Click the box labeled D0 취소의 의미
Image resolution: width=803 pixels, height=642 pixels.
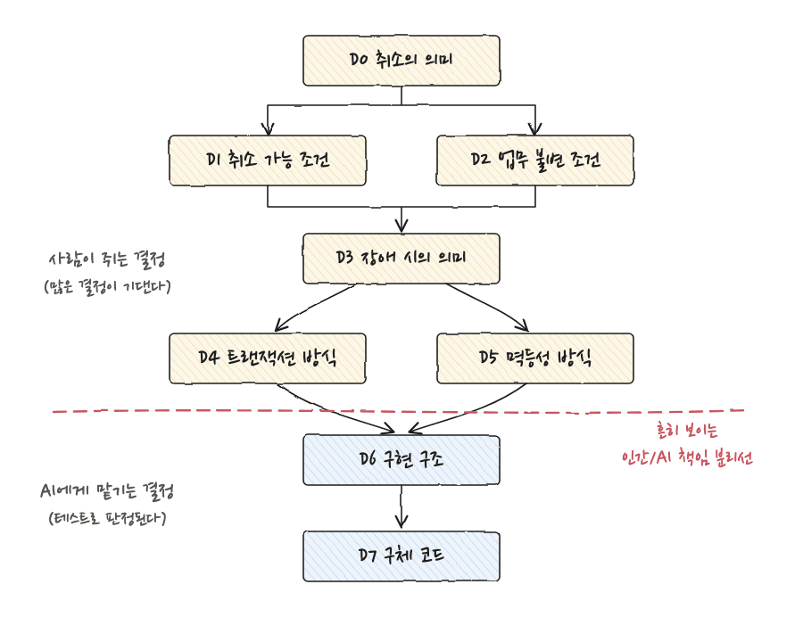[401, 61]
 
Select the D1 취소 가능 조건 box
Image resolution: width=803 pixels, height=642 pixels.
[268, 160]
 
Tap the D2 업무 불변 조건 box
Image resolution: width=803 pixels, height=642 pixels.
[535, 160]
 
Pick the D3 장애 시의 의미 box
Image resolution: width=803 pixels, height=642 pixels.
[401, 259]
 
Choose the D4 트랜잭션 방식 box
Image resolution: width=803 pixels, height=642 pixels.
[268, 358]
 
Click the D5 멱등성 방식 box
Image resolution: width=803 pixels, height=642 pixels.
[535, 358]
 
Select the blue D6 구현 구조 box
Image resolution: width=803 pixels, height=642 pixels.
[401, 460]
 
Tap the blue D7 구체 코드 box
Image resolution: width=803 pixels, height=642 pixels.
[401, 556]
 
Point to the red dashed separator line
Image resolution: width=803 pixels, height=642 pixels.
[399, 411]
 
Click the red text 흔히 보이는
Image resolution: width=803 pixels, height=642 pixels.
[687, 430]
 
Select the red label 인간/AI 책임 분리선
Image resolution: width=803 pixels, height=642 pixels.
[687, 457]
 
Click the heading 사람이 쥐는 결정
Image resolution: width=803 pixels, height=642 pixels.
[107, 259]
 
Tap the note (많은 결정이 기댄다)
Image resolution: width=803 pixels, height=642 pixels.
[108, 285]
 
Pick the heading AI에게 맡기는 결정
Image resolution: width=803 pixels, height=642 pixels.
[107, 491]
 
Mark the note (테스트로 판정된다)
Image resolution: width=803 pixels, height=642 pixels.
[108, 517]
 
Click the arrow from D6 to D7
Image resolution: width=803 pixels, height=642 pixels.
[401, 506]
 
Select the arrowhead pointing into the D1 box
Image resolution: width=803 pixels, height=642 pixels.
[268, 129]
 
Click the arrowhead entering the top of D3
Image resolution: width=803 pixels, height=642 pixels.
[401, 226]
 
